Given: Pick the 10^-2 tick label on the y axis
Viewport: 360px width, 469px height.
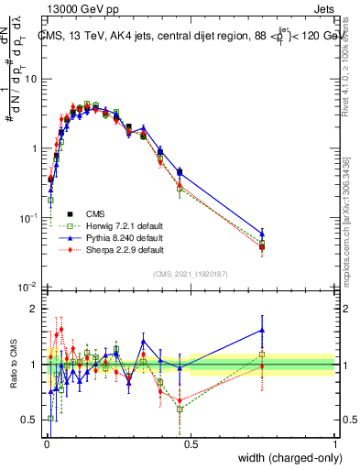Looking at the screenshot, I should point(28,288).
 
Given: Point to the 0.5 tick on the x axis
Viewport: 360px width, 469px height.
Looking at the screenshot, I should point(191,443).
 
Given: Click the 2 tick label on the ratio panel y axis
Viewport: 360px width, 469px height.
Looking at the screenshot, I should point(35,309).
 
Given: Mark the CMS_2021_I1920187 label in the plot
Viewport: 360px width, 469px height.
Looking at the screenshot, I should point(190,274).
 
